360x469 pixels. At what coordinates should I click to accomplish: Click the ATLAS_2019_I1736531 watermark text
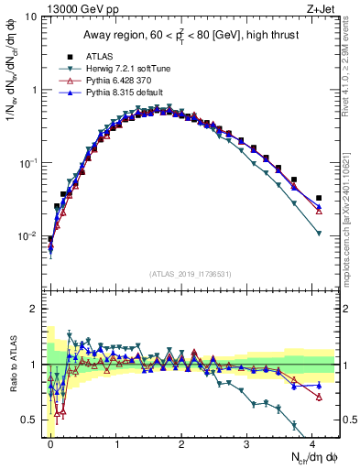click(x=190, y=274)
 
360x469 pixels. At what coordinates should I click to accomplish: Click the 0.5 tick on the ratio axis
click(x=29, y=420)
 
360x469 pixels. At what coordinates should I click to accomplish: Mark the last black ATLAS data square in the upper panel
click(x=319, y=198)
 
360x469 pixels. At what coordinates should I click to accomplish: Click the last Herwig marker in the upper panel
click(x=319, y=234)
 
